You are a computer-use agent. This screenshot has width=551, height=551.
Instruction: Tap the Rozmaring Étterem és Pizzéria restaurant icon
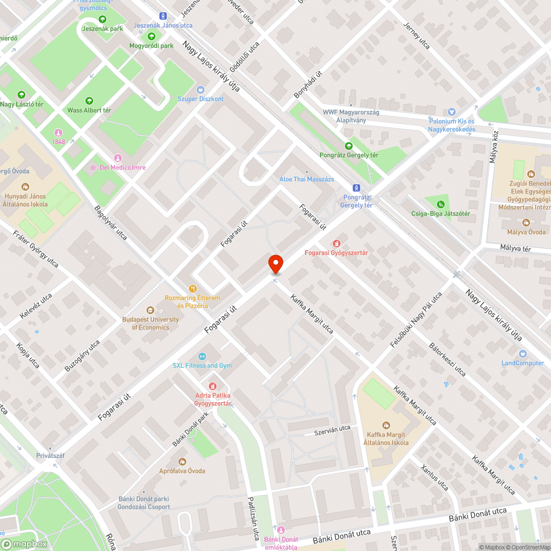click(x=192, y=288)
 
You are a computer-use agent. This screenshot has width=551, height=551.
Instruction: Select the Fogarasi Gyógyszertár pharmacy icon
click(x=336, y=244)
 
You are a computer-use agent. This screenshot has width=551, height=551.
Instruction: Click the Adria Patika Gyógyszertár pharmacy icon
click(x=213, y=386)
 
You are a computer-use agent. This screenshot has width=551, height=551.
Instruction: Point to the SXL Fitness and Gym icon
click(x=202, y=356)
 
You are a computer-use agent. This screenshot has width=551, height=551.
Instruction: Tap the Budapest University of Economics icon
click(x=150, y=310)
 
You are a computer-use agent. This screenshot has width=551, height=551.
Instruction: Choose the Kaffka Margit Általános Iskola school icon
click(x=386, y=425)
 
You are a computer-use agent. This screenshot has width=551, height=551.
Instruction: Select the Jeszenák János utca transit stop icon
click(x=163, y=16)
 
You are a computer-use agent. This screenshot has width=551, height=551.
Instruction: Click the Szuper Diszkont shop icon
click(x=201, y=89)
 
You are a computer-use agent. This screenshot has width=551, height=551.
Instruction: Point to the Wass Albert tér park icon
click(x=89, y=101)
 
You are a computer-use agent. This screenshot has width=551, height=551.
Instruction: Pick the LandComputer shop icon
click(x=522, y=353)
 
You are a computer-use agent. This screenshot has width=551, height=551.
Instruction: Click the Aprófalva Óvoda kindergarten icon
click(x=182, y=461)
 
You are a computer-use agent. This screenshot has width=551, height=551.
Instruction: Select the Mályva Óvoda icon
click(x=526, y=223)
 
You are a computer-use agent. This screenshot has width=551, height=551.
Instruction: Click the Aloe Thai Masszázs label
click(x=306, y=180)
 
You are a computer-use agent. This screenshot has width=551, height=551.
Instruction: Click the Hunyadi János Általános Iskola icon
click(x=25, y=187)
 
